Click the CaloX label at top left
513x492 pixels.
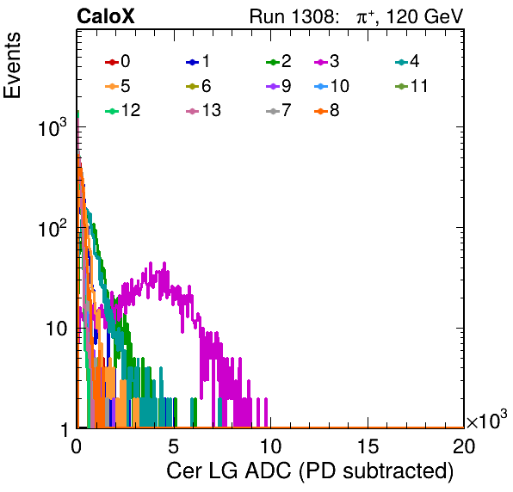point(106,16)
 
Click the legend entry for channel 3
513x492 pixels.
point(327,61)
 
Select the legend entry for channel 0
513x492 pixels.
point(117,61)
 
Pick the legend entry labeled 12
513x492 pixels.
point(123,110)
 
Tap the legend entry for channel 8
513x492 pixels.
point(327,110)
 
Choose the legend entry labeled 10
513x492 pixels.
point(331,86)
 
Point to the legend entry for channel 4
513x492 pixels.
point(407,61)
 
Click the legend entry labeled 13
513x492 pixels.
point(203,110)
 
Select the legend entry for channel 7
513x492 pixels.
point(279,110)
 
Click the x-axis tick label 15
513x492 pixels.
point(368,446)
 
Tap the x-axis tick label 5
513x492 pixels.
point(173,446)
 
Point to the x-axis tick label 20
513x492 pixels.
point(464,446)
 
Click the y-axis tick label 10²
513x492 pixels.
point(53,228)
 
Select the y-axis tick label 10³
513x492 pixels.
point(53,127)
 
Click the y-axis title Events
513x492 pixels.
point(12,65)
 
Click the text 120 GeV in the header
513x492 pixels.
point(425,16)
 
